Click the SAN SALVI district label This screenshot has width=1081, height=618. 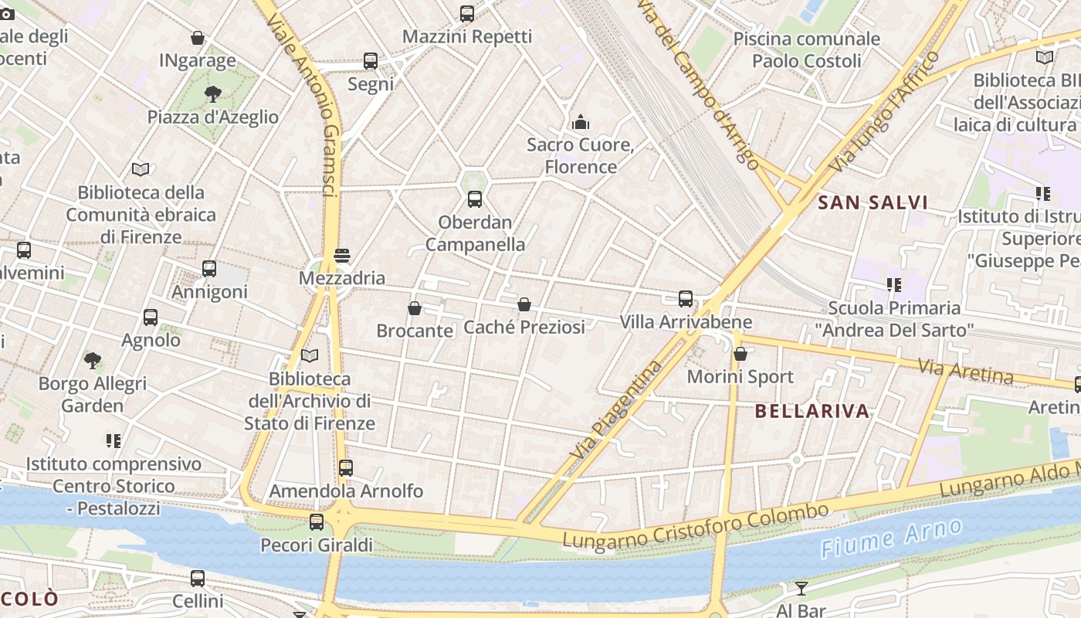[873, 203]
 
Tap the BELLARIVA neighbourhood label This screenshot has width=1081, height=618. [812, 411]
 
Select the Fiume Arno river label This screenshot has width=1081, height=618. [891, 538]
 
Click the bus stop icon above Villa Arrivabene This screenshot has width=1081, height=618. [685, 299]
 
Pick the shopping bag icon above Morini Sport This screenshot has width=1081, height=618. [740, 355]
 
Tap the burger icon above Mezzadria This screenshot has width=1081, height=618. [342, 256]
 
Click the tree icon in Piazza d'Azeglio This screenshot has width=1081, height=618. [212, 94]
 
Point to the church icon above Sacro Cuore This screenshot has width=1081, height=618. [581, 122]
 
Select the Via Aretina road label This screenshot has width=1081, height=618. [965, 372]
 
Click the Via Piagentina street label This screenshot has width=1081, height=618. [617, 409]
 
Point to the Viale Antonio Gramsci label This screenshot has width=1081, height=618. [305, 100]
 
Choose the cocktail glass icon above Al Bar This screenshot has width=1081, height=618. [801, 589]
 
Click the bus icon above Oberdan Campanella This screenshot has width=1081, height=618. [475, 199]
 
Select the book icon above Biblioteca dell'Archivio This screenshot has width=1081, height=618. [310, 355]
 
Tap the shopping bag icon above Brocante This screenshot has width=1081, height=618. [415, 309]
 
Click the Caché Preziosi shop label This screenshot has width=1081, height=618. [524, 327]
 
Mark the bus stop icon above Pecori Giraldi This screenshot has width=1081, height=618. [317, 522]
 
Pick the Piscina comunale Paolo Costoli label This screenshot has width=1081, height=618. [806, 49]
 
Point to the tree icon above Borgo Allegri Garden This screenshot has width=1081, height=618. [93, 360]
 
